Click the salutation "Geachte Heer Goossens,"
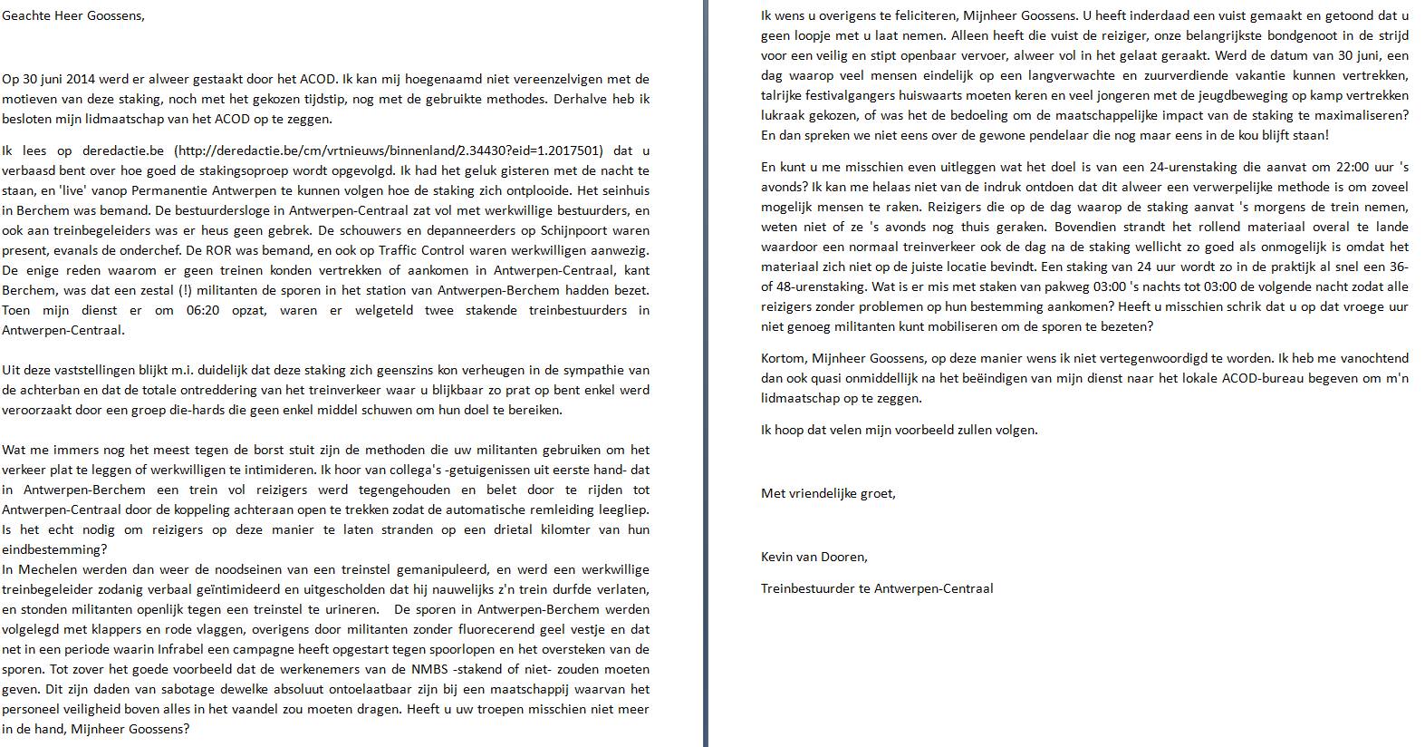point(73,16)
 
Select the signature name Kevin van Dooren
point(814,557)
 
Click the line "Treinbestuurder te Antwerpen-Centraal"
point(876,588)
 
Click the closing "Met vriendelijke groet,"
point(828,493)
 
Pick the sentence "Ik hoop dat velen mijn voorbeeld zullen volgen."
point(899,430)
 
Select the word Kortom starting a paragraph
point(783,359)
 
